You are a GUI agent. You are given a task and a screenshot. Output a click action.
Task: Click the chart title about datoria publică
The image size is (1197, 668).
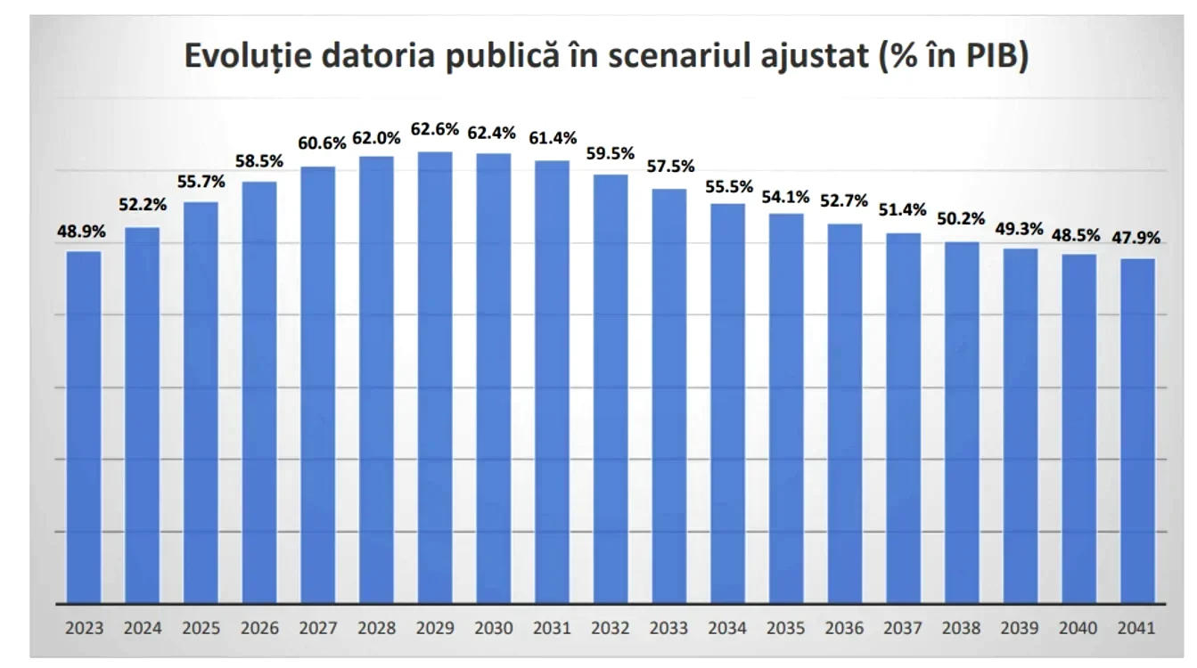[x=606, y=55]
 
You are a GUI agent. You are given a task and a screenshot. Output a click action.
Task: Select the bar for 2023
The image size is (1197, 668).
[x=84, y=428]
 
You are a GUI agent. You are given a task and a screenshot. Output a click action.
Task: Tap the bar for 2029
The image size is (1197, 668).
[x=435, y=378]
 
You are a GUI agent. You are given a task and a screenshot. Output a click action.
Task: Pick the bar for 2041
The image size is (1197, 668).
[x=1137, y=431]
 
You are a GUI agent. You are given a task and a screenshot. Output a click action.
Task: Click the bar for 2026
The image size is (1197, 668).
[x=259, y=393]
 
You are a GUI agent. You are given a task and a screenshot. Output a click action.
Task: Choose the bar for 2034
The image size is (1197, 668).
[x=728, y=403]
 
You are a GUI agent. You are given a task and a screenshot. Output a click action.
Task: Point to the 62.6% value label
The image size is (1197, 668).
[x=434, y=129]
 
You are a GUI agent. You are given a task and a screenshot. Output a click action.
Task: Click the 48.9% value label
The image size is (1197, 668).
[x=81, y=232]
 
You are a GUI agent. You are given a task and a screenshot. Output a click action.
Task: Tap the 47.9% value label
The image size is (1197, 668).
[x=1136, y=238]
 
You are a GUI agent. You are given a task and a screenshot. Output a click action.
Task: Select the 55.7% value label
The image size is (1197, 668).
[x=201, y=182]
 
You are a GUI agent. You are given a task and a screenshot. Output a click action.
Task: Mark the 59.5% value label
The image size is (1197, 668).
[x=611, y=154]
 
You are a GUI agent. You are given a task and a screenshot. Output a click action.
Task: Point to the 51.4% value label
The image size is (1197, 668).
[x=903, y=210]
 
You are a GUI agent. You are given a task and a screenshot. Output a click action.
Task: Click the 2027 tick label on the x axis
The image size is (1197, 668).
[x=318, y=628]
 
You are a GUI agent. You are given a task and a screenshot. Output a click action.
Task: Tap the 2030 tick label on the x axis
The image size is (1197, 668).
[x=494, y=628]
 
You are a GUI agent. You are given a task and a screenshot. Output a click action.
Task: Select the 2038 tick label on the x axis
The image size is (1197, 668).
[x=962, y=628]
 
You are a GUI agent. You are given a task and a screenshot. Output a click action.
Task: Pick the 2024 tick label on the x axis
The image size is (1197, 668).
[x=143, y=628]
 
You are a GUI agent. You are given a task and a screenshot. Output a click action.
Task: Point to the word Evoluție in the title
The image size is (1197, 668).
[x=248, y=56]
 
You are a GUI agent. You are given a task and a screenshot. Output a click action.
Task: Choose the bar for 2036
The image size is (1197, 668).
[x=845, y=414]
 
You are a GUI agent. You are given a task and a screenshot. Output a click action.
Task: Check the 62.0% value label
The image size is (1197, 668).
[x=376, y=138]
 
